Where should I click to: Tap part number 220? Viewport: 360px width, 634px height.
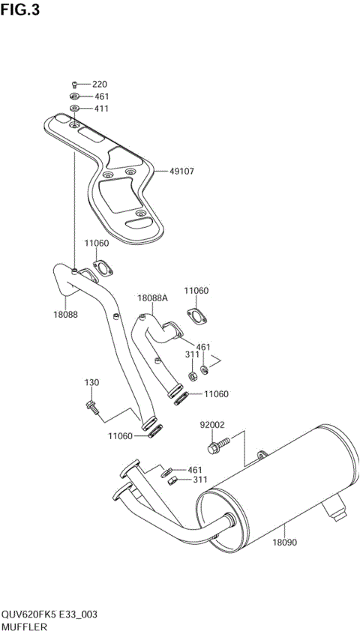coord(100,84)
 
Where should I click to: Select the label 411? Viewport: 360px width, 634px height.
coord(100,109)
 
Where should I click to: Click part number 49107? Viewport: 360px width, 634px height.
coord(181,171)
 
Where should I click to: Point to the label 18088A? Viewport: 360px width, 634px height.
coord(152,298)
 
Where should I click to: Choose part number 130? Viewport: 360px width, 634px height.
coord(91,383)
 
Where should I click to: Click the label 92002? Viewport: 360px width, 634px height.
coord(212,425)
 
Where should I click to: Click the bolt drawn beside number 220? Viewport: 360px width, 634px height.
coord(74,84)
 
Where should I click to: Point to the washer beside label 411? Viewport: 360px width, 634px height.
coord(74,109)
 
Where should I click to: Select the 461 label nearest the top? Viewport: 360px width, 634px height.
coord(100,97)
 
